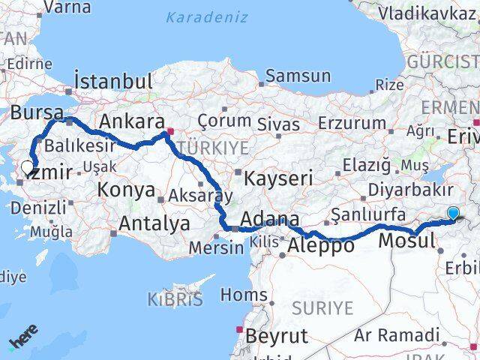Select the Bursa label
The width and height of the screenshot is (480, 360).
point(37,114)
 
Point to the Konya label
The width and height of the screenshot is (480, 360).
point(127,190)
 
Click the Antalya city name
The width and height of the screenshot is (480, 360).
point(154,223)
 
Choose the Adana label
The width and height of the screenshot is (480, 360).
point(273,220)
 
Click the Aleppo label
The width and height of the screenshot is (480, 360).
point(320,244)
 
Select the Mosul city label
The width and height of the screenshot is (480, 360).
point(406,241)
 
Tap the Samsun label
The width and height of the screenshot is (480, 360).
point(298,75)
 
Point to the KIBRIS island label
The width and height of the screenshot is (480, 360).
point(175,300)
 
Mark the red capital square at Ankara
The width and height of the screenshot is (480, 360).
point(171,133)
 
